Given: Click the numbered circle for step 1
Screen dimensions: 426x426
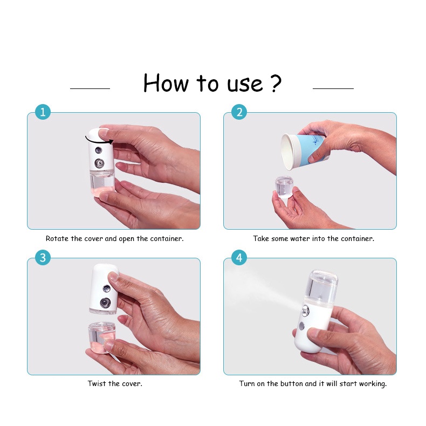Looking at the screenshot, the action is click(43, 112).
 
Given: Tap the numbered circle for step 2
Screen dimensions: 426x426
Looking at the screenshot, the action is click(239, 112).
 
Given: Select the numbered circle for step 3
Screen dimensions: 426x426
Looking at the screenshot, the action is click(43, 258).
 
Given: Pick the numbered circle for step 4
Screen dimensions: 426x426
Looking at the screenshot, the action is click(239, 258).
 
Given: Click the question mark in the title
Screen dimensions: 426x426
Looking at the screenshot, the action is click(276, 83).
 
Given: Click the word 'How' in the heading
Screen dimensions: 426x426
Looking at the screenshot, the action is click(166, 83).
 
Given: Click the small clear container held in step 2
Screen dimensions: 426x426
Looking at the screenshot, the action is click(284, 188).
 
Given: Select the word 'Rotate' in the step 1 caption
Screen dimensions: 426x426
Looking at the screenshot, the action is click(57, 238).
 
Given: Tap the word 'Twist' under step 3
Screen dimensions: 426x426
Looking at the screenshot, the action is click(97, 383).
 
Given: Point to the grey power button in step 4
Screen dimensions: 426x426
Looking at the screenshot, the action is click(301, 326).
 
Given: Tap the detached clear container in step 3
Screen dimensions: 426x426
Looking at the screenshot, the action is click(102, 338).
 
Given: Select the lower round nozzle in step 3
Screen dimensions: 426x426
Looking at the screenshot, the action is click(105, 303).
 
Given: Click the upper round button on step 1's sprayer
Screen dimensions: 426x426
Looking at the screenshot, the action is click(98, 150).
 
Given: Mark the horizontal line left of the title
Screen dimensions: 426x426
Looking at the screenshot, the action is click(90, 88).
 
